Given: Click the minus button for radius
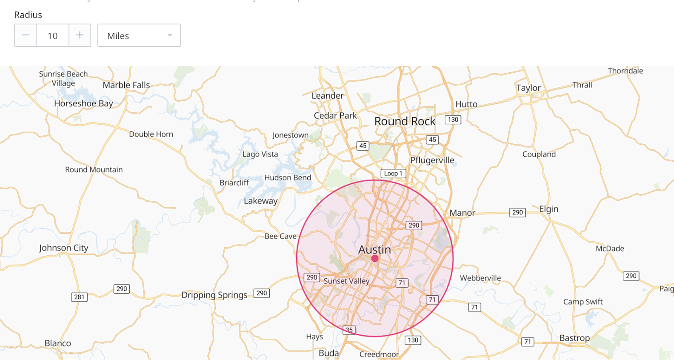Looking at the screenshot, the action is (x=25, y=35).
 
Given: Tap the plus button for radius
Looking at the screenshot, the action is (x=80, y=35).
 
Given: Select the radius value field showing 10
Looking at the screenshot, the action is (x=52, y=36).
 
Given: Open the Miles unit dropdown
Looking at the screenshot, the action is (x=139, y=35).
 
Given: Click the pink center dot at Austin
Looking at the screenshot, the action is (x=375, y=258).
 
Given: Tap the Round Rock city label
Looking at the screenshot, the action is (x=405, y=121).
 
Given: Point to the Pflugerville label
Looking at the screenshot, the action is (x=432, y=160).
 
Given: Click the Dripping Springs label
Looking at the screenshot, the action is (x=214, y=295).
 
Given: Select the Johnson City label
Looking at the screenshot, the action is (x=63, y=248).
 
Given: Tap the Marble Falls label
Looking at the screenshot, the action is (x=126, y=85).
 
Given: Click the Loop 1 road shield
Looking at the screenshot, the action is (x=393, y=174).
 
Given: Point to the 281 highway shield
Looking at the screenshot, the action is (x=79, y=297).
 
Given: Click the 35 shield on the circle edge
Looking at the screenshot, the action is (x=349, y=330).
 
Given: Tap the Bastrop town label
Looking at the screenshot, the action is (x=574, y=338).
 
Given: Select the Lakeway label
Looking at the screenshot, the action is (x=260, y=201).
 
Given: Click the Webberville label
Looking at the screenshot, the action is (x=480, y=278).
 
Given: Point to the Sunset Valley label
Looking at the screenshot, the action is (x=346, y=281).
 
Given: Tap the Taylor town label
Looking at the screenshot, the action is (x=528, y=88).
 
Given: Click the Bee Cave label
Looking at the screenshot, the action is (x=280, y=236).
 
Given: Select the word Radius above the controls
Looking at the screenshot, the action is (x=28, y=15).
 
